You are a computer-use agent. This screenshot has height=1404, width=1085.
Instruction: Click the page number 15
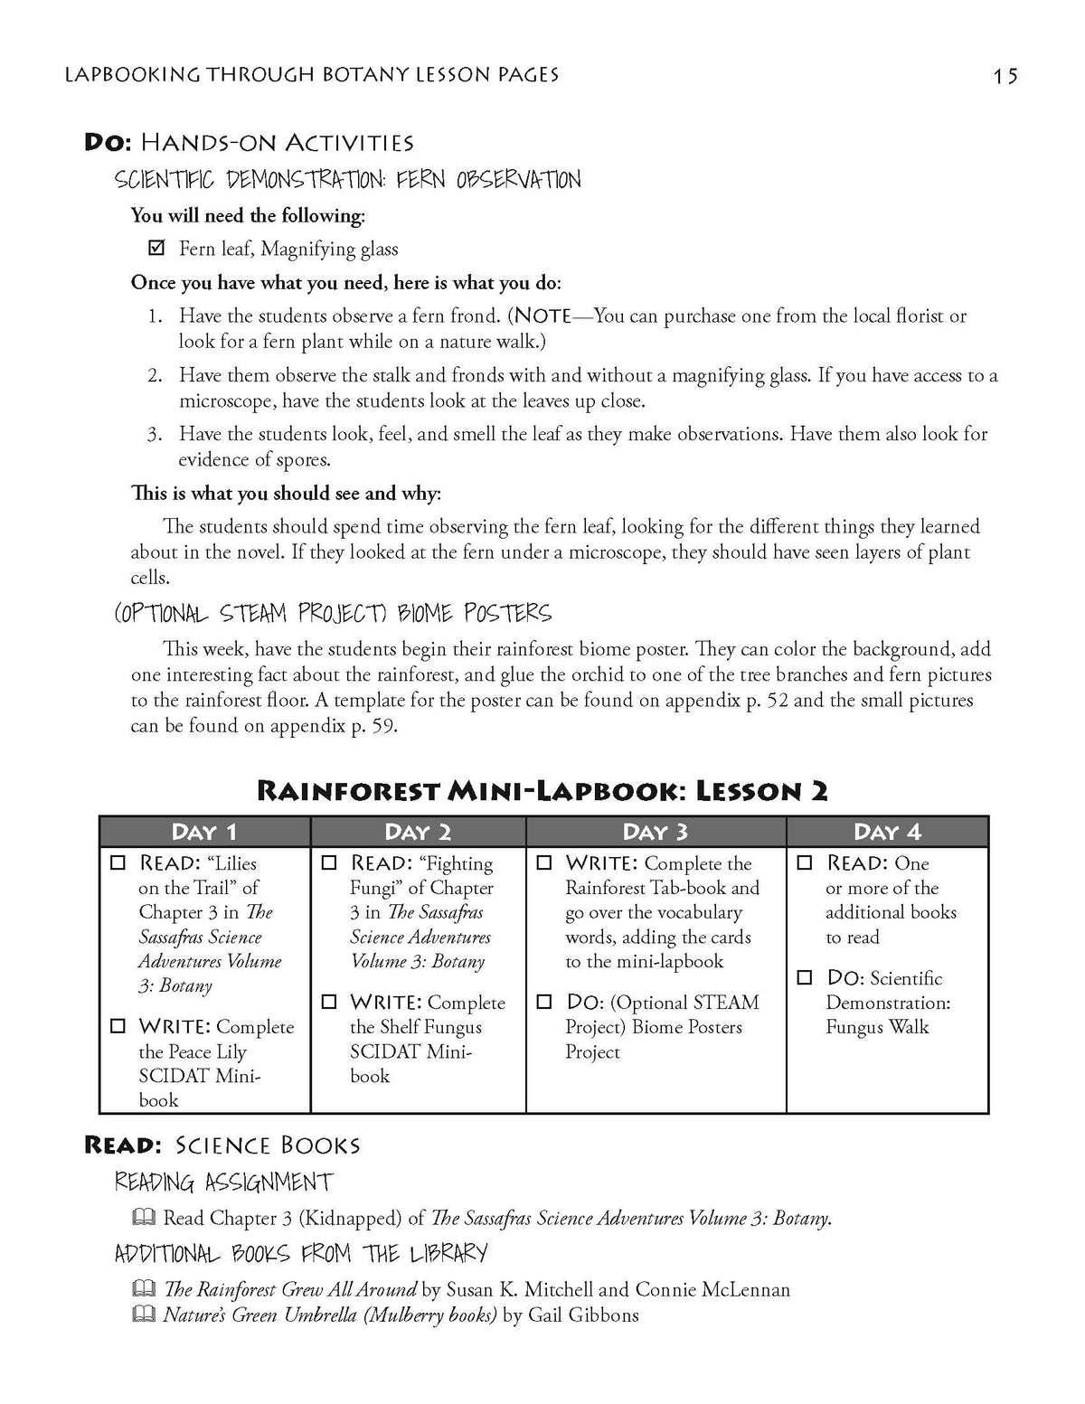(1005, 76)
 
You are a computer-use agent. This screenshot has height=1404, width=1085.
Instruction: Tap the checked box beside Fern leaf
(156, 248)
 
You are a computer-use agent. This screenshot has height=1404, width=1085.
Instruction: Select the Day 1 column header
(204, 832)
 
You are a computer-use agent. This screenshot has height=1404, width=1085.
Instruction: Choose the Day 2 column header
(418, 832)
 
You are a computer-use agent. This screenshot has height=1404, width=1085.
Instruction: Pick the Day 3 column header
(656, 832)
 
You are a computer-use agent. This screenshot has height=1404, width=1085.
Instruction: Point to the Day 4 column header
(887, 832)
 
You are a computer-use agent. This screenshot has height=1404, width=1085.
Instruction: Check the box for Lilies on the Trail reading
(118, 863)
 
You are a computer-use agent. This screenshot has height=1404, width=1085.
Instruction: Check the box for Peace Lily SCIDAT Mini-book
(118, 1027)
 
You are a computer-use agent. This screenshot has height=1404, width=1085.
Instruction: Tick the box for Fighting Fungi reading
(330, 863)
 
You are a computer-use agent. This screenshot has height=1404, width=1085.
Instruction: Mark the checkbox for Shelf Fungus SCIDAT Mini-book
(330, 1003)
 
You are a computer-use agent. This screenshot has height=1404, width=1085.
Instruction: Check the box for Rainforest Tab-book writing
(544, 863)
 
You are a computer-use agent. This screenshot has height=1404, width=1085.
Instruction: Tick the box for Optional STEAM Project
(544, 1003)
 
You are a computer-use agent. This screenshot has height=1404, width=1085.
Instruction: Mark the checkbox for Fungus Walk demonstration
(805, 978)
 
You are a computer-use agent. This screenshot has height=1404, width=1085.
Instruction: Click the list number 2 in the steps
(155, 375)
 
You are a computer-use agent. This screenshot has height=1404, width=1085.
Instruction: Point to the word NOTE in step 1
(542, 316)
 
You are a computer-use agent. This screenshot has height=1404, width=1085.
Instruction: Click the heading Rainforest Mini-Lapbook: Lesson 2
(542, 791)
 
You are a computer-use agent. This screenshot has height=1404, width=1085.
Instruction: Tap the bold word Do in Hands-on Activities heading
(108, 142)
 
